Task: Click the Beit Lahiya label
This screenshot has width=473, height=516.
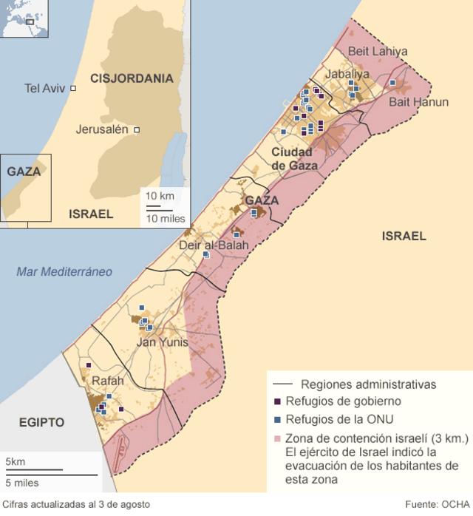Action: [377, 51]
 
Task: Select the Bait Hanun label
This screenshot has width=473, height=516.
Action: [418, 102]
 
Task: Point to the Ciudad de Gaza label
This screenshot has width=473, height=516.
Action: [294, 159]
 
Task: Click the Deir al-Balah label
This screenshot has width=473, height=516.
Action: [214, 245]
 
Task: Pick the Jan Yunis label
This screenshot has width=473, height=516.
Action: [163, 343]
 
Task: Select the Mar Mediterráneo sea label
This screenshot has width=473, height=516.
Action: [64, 272]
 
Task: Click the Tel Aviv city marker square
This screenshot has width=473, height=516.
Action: [73, 88]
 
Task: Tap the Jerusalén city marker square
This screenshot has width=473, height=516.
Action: [137, 130]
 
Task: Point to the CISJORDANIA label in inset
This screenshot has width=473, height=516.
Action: [132, 78]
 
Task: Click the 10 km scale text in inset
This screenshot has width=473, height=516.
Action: [160, 196]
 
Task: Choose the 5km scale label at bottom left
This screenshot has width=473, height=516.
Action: [15, 462]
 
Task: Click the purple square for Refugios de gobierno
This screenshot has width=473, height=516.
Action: [277, 401]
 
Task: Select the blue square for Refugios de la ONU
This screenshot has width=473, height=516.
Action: [277, 419]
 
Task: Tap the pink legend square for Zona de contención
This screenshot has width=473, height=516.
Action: [277, 438]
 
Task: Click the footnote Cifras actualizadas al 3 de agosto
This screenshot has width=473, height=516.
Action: [75, 504]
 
